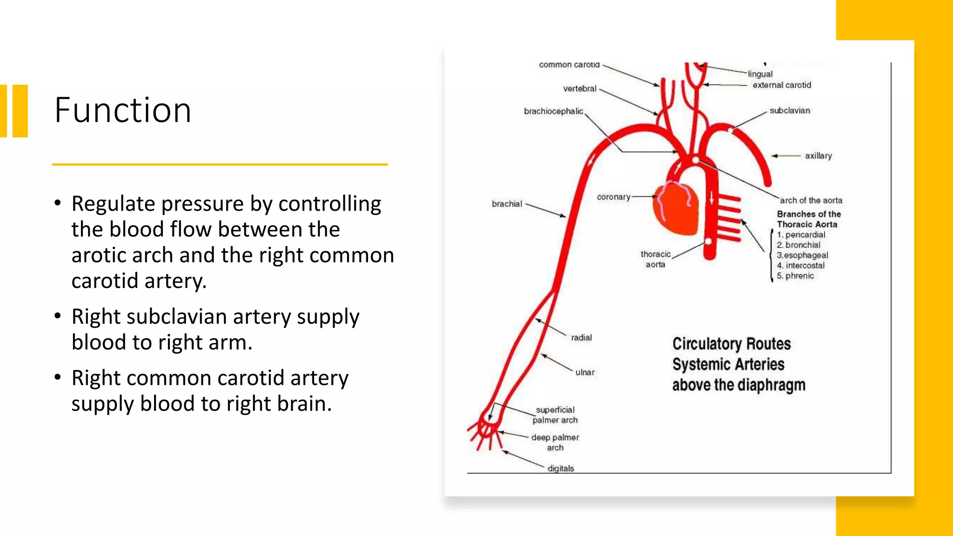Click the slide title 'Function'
click(122, 110)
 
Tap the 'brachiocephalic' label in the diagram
click(553, 111)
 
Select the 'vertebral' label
click(579, 88)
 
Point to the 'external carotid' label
click(782, 85)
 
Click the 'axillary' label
click(818, 156)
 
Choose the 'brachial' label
click(507, 204)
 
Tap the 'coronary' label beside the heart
click(613, 197)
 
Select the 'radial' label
click(581, 337)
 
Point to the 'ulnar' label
click(585, 372)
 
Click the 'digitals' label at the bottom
click(560, 468)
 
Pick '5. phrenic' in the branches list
click(795, 276)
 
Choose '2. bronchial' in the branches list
click(799, 245)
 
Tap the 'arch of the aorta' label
click(811, 201)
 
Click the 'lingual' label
click(760, 74)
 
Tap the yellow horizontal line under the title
click(220, 164)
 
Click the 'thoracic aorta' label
click(655, 259)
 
